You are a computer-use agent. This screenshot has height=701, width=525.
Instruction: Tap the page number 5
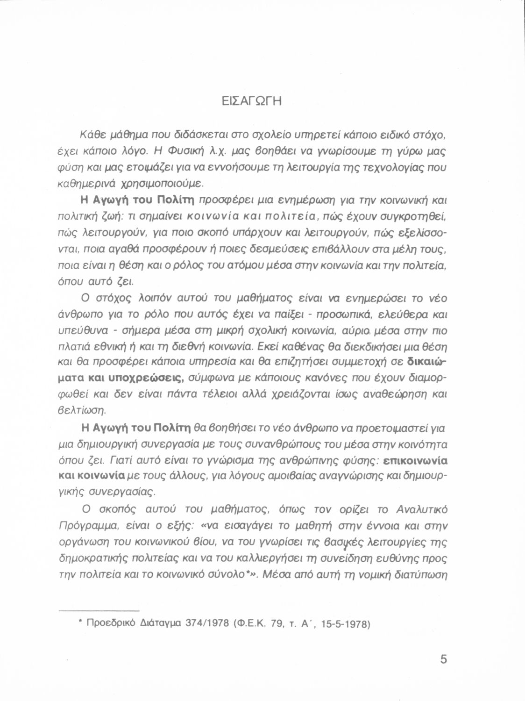tap(443, 659)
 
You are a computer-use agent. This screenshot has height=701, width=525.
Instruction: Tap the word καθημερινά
tap(102, 184)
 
